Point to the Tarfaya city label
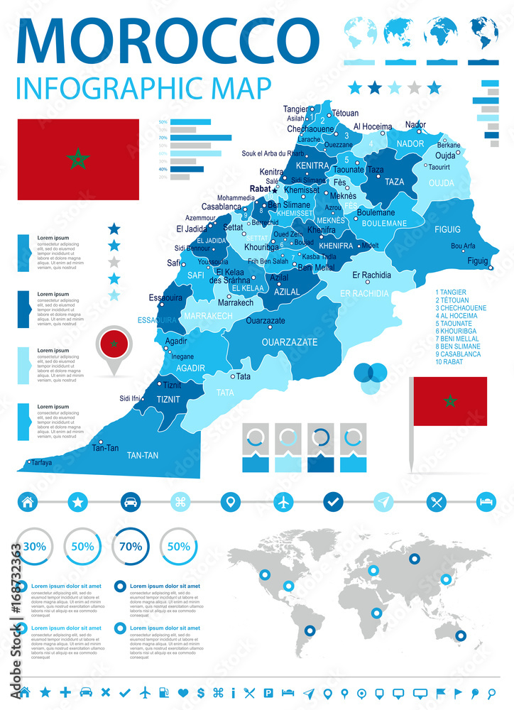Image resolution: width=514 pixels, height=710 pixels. click(41, 462)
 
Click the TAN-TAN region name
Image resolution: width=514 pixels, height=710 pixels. click(142, 454)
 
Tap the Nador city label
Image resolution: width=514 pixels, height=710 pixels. click(415, 125)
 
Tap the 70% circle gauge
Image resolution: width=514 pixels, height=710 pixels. click(129, 547)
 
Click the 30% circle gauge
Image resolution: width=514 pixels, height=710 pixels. click(34, 547)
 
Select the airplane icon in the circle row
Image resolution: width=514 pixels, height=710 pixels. click(283, 501)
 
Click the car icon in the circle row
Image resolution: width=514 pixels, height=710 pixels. click(131, 501)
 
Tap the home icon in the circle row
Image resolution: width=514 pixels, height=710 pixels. click(28, 501)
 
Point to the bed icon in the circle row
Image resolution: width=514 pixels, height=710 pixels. click(486, 501)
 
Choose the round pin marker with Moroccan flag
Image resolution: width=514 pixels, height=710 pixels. click(113, 346)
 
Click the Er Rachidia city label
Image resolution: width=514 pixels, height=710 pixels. click(371, 275)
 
